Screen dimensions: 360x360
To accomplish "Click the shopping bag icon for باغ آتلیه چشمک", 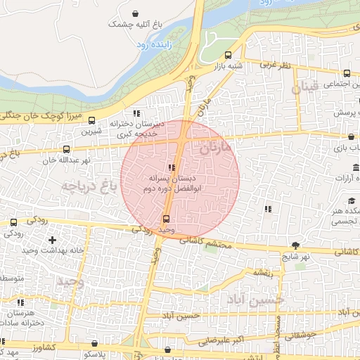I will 134,13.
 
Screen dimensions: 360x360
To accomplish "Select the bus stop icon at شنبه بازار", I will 227,56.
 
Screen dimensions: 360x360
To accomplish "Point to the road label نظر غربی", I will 276,65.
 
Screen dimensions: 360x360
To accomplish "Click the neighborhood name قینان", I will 305,88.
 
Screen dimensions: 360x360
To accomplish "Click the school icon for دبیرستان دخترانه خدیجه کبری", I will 136,113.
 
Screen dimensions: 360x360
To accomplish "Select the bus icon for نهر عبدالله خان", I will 66,149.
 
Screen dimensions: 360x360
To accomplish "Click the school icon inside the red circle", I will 172,167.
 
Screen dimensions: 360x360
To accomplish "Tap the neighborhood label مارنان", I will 215,148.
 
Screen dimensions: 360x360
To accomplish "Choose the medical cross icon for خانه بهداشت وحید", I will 52,240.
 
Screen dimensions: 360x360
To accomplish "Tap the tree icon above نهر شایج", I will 295,245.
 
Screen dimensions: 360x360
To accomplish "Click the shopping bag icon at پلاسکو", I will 95,344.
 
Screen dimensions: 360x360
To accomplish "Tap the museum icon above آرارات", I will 354,168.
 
